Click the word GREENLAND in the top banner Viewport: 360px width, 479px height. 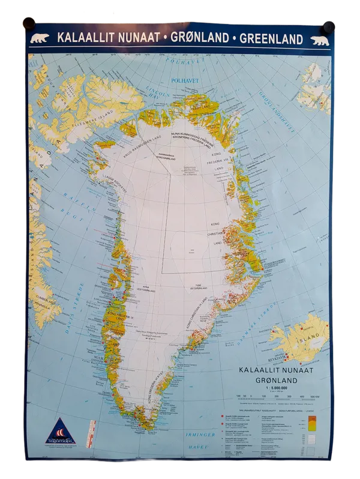tap(271, 38)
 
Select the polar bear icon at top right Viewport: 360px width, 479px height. tap(319, 40)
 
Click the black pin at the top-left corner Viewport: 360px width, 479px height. tap(27, 23)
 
